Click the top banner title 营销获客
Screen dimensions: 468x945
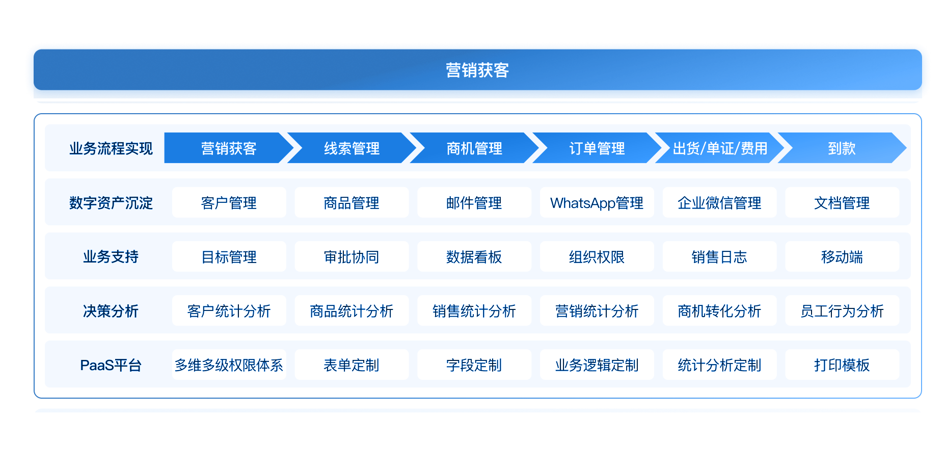tap(477, 70)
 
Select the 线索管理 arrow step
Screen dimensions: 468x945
tap(352, 148)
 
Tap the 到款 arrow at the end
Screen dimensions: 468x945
tap(842, 148)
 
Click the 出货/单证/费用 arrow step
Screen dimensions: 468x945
tap(719, 148)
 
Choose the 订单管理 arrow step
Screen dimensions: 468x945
tap(597, 148)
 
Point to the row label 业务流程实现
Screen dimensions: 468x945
tap(111, 148)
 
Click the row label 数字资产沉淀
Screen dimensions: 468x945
tap(111, 203)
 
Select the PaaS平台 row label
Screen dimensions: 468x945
tap(111, 365)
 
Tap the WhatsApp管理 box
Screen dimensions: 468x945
tap(597, 203)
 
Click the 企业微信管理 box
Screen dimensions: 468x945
tap(719, 203)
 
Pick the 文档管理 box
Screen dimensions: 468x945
tap(842, 203)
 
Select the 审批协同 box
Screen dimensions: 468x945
tap(352, 257)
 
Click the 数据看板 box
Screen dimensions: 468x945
tap(474, 257)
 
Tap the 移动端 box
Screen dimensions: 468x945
tap(842, 257)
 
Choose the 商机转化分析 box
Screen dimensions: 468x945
tap(719, 311)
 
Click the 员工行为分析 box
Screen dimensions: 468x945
tap(842, 311)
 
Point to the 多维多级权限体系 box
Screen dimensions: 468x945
tap(229, 365)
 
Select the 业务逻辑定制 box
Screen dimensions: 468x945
tap(597, 365)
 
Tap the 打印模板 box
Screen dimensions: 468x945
tap(842, 365)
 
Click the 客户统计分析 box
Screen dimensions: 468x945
tap(229, 311)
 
